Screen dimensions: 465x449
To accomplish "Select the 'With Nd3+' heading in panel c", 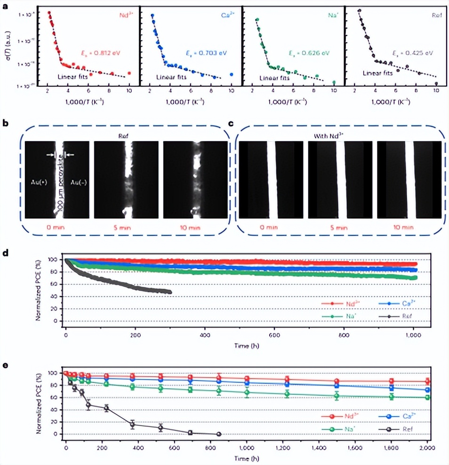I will pos(340,136).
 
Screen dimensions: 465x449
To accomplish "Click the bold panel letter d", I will pos(5,253).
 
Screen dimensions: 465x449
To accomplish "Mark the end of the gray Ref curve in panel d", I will pos(170,292).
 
